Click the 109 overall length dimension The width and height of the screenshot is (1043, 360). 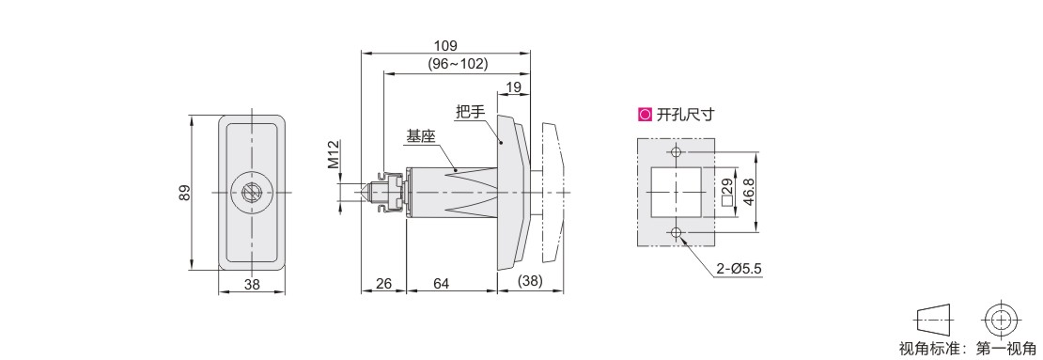445,46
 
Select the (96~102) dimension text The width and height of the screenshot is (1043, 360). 457,64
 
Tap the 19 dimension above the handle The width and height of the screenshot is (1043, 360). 514,87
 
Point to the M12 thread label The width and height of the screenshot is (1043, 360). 334,155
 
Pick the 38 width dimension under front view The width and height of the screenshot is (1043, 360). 252,284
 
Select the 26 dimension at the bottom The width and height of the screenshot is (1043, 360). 383,284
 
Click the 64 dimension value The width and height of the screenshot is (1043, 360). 441,284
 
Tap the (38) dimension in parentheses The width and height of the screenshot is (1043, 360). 530,281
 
